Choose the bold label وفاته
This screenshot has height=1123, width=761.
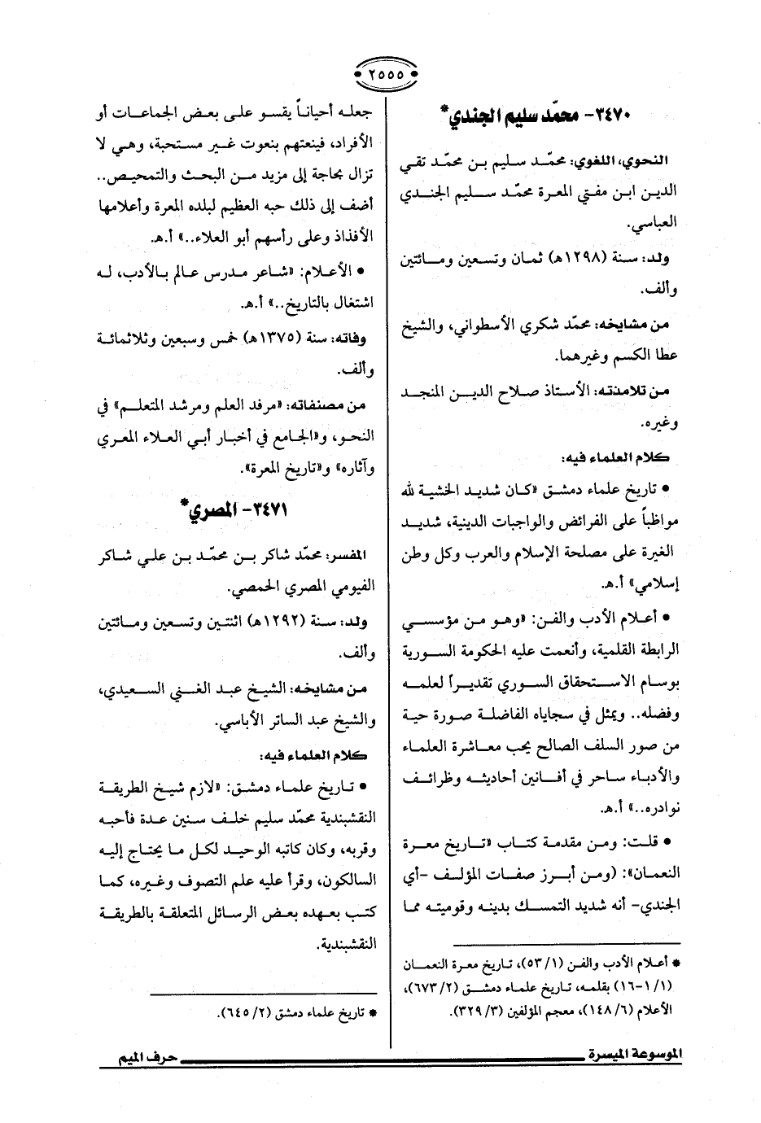click(x=353, y=338)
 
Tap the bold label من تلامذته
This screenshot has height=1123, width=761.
click(x=641, y=392)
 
